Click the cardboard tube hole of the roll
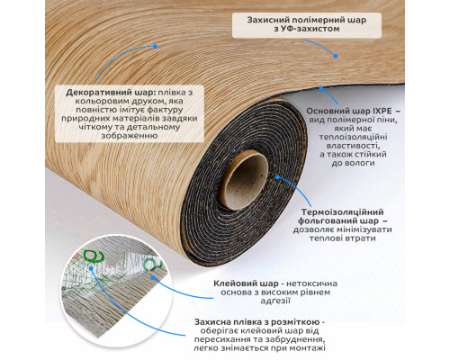[x=247, y=180]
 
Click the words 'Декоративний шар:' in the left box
[x=110, y=93]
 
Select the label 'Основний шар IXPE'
[x=348, y=111]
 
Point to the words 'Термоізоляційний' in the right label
[x=343, y=212]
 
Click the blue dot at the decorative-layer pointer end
[x=155, y=47]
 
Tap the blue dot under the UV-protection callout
[x=336, y=56]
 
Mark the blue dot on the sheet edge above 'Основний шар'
[x=321, y=88]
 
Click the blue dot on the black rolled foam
[x=278, y=177]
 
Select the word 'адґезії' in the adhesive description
[x=275, y=301]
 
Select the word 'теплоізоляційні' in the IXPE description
[x=353, y=137]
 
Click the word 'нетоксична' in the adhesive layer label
[x=312, y=283]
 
